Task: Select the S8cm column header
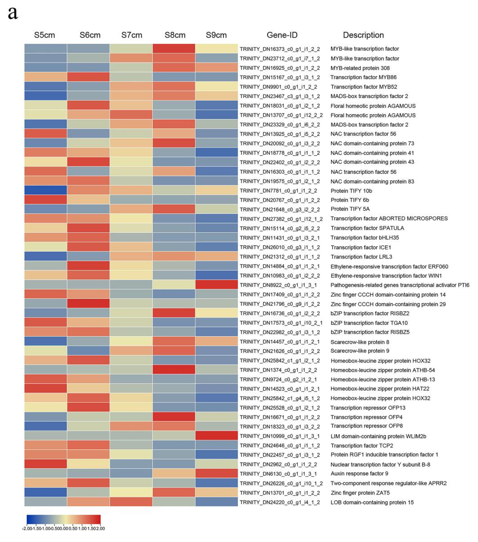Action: tap(175, 35)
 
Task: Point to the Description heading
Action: tap(363, 35)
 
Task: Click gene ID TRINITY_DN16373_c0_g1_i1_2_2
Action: tap(280, 49)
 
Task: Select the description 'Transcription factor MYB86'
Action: tap(363, 77)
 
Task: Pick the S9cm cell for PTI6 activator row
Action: tap(216, 285)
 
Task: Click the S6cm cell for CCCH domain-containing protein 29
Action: tap(88, 304)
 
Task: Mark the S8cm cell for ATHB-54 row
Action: tap(174, 370)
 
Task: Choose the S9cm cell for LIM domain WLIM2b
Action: tap(216, 436)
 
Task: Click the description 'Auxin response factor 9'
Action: tap(359, 473)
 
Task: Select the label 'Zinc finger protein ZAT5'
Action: tap(360, 493)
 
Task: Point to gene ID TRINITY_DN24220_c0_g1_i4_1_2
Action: tap(280, 502)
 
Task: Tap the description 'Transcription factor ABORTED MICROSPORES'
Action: tap(389, 219)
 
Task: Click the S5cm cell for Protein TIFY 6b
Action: tap(46, 200)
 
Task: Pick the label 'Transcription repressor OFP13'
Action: tap(368, 407)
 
